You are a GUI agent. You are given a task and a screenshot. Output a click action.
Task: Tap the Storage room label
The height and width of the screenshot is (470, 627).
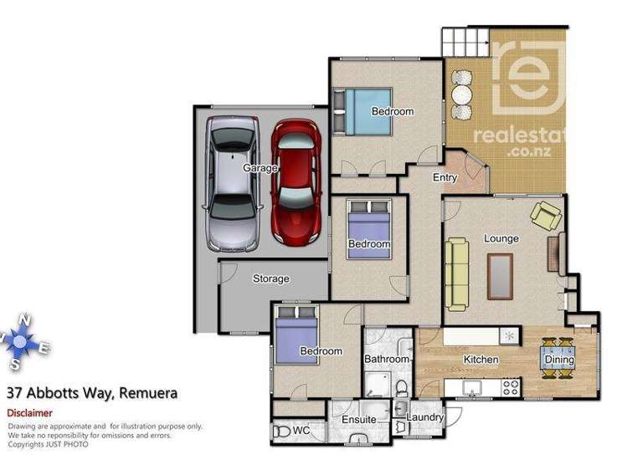(270, 278)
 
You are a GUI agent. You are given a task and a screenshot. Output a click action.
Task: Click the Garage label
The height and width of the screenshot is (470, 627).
(260, 168)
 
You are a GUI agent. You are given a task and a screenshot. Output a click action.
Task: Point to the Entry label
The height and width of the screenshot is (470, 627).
(445, 177)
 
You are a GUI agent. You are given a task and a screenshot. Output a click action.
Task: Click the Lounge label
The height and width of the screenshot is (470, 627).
(501, 238)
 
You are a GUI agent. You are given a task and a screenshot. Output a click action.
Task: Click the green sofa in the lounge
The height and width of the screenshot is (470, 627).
(458, 273)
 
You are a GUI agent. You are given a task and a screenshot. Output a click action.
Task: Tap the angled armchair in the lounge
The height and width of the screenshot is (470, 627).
(546, 216)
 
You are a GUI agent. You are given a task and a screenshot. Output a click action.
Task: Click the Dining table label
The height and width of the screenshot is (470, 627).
(560, 360)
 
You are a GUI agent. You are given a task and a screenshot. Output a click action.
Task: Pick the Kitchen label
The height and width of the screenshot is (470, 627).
(481, 360)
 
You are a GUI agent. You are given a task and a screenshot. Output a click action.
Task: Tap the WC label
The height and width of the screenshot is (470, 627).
(301, 432)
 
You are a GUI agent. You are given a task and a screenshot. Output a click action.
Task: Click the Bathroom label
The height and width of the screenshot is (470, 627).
(386, 359)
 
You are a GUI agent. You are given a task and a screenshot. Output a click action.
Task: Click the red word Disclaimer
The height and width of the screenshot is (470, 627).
(29, 412)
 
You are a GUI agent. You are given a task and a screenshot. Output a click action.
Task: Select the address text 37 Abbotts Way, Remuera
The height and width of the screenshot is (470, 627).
(91, 392)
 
